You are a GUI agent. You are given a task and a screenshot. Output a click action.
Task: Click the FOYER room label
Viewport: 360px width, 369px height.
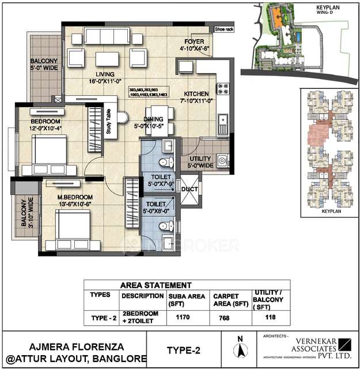[191, 42]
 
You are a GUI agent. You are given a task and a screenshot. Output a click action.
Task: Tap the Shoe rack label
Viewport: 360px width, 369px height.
[223, 28]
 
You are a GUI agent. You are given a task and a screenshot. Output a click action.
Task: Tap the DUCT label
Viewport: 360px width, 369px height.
[189, 188]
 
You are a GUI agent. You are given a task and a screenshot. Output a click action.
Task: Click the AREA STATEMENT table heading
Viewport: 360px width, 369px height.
[155, 285]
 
